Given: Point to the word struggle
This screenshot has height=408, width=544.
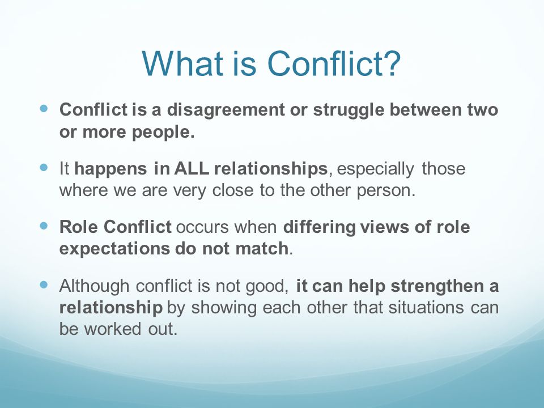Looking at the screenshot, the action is click(x=348, y=110).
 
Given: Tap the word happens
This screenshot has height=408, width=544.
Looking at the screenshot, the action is click(x=111, y=169).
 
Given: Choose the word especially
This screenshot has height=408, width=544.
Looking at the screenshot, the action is click(x=375, y=169).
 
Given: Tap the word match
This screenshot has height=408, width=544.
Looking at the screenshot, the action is click(x=262, y=249).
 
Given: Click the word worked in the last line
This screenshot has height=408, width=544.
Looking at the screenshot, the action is click(x=113, y=329).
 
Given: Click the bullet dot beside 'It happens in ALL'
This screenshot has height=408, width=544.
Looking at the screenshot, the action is click(x=44, y=168).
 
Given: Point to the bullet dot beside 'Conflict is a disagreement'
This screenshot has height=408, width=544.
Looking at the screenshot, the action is click(x=44, y=109).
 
